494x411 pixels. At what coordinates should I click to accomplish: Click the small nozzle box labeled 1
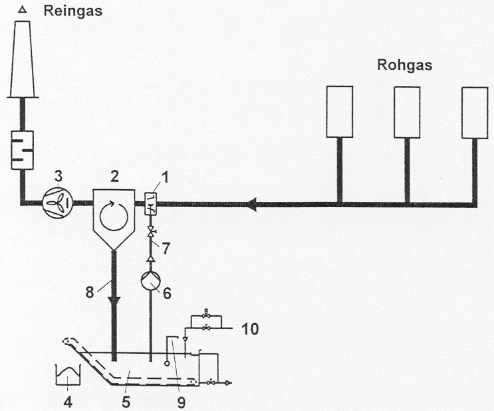click(x=150, y=202)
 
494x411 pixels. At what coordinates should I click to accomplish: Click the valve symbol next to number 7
click(x=150, y=231)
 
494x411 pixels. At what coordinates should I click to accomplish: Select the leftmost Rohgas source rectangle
click(x=338, y=112)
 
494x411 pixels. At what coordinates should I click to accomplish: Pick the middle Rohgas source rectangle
click(x=407, y=112)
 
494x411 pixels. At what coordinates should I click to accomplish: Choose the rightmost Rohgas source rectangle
click(x=475, y=112)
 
